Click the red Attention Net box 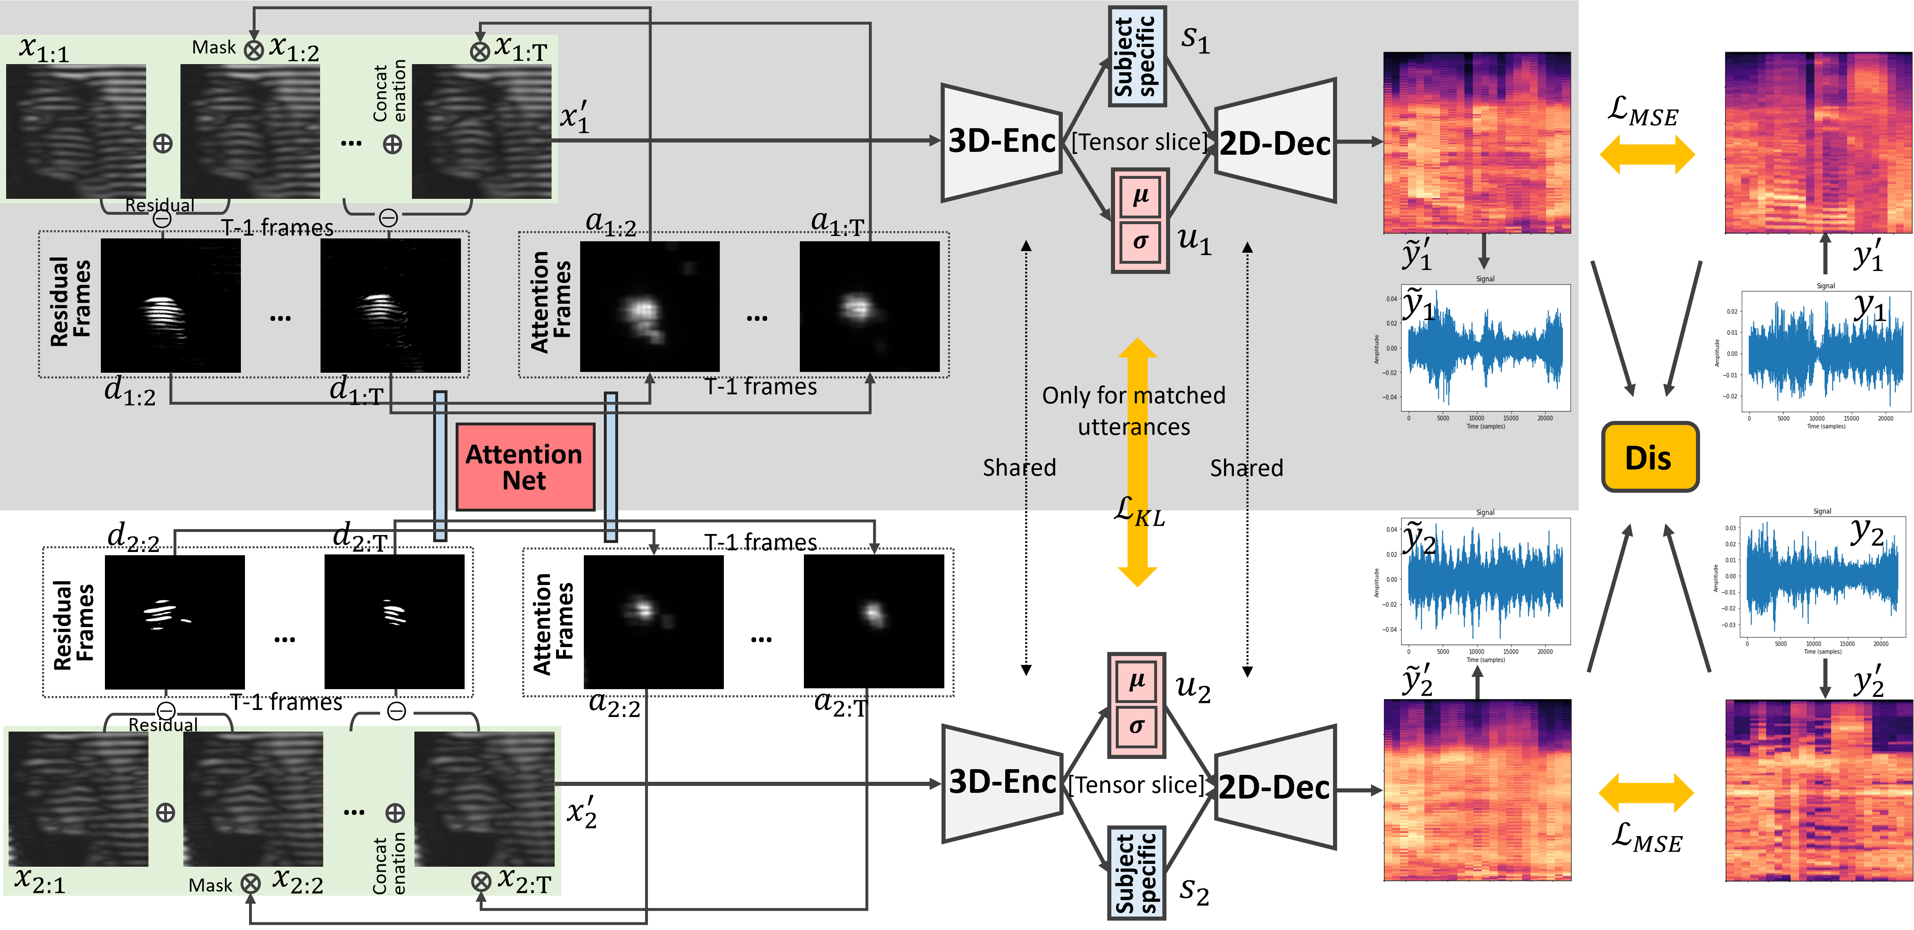pyautogui.click(x=525, y=467)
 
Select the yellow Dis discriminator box pyautogui.click(x=1649, y=457)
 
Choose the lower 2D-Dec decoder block pyautogui.click(x=1275, y=788)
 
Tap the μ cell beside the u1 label pyautogui.click(x=1140, y=196)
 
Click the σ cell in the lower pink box pyautogui.click(x=1136, y=726)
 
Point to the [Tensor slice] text pyautogui.click(x=1139, y=142)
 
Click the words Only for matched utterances pyautogui.click(x=1134, y=411)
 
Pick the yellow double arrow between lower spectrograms pyautogui.click(x=1646, y=792)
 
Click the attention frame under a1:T pyautogui.click(x=869, y=306)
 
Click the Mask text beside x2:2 pyautogui.click(x=211, y=885)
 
